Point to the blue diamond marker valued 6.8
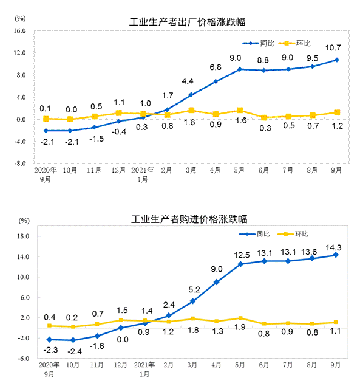click(x=216, y=81)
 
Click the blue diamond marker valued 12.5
click(x=240, y=264)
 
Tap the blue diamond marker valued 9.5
click(x=312, y=66)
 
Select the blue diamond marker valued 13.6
click(x=312, y=258)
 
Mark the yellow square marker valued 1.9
click(x=240, y=318)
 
